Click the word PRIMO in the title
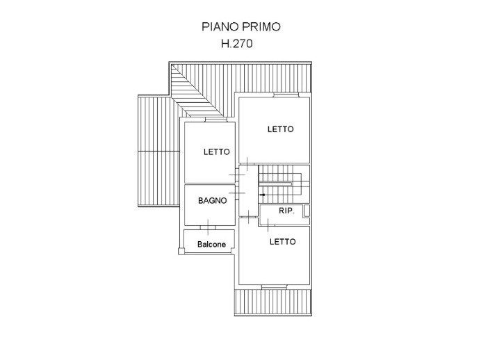(263, 28)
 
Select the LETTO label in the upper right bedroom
(281, 129)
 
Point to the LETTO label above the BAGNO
(216, 152)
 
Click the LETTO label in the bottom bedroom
(282, 242)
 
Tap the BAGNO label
(212, 200)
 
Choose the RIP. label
(284, 211)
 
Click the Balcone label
(211, 245)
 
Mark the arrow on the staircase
(262, 195)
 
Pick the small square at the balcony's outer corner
(181, 252)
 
